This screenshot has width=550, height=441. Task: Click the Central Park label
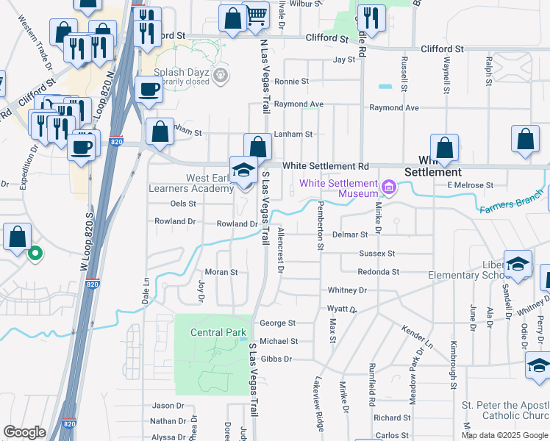(218, 332)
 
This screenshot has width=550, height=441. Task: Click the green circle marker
(34, 255)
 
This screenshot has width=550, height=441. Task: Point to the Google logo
(24, 432)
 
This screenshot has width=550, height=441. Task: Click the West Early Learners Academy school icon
(243, 171)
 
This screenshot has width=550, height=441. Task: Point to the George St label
(277, 323)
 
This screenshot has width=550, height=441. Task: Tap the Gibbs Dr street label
(277, 359)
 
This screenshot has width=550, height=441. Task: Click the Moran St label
(221, 272)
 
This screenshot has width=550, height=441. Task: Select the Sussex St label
(376, 254)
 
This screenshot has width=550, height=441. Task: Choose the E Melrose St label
(470, 185)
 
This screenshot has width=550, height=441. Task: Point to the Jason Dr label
(168, 406)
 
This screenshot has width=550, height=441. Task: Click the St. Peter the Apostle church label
(505, 411)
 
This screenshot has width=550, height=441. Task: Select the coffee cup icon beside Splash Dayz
(149, 91)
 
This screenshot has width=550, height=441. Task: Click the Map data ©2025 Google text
(504, 435)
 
